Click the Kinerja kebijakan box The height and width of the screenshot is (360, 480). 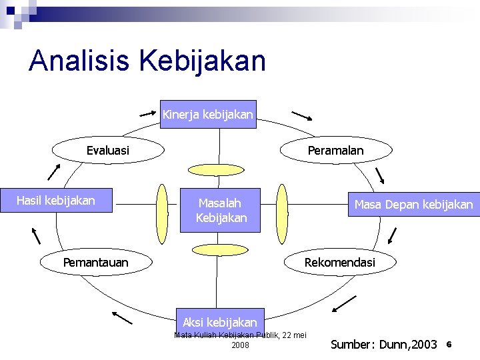pyautogui.click(x=208, y=115)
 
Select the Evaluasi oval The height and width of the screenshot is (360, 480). pyautogui.click(x=109, y=151)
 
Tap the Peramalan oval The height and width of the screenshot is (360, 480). pyautogui.click(x=335, y=151)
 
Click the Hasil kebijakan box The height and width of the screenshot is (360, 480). pyautogui.click(x=56, y=201)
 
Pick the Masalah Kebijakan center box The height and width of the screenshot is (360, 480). pyautogui.click(x=221, y=211)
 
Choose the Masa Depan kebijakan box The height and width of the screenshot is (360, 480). pyautogui.click(x=413, y=204)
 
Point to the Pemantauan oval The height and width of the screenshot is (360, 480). pyautogui.click(x=96, y=263)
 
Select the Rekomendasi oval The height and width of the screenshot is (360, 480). pyautogui.click(x=339, y=263)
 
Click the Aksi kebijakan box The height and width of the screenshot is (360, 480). pyautogui.click(x=220, y=322)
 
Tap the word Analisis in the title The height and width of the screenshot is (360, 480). pyautogui.click(x=81, y=61)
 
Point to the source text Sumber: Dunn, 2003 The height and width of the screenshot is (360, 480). pyautogui.click(x=384, y=345)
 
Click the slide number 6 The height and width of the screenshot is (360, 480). pyautogui.click(x=449, y=344)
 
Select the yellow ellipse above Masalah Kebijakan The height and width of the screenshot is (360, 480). pyautogui.click(x=219, y=169)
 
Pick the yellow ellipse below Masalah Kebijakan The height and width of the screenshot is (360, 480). pyautogui.click(x=219, y=249)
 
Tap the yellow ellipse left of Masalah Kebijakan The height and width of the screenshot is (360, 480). pyautogui.click(x=161, y=213)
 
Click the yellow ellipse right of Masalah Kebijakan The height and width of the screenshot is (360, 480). pyautogui.click(x=281, y=213)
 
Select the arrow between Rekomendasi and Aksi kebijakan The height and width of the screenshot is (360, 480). pyautogui.click(x=344, y=303)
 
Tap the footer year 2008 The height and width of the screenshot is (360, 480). pyautogui.click(x=240, y=345)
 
